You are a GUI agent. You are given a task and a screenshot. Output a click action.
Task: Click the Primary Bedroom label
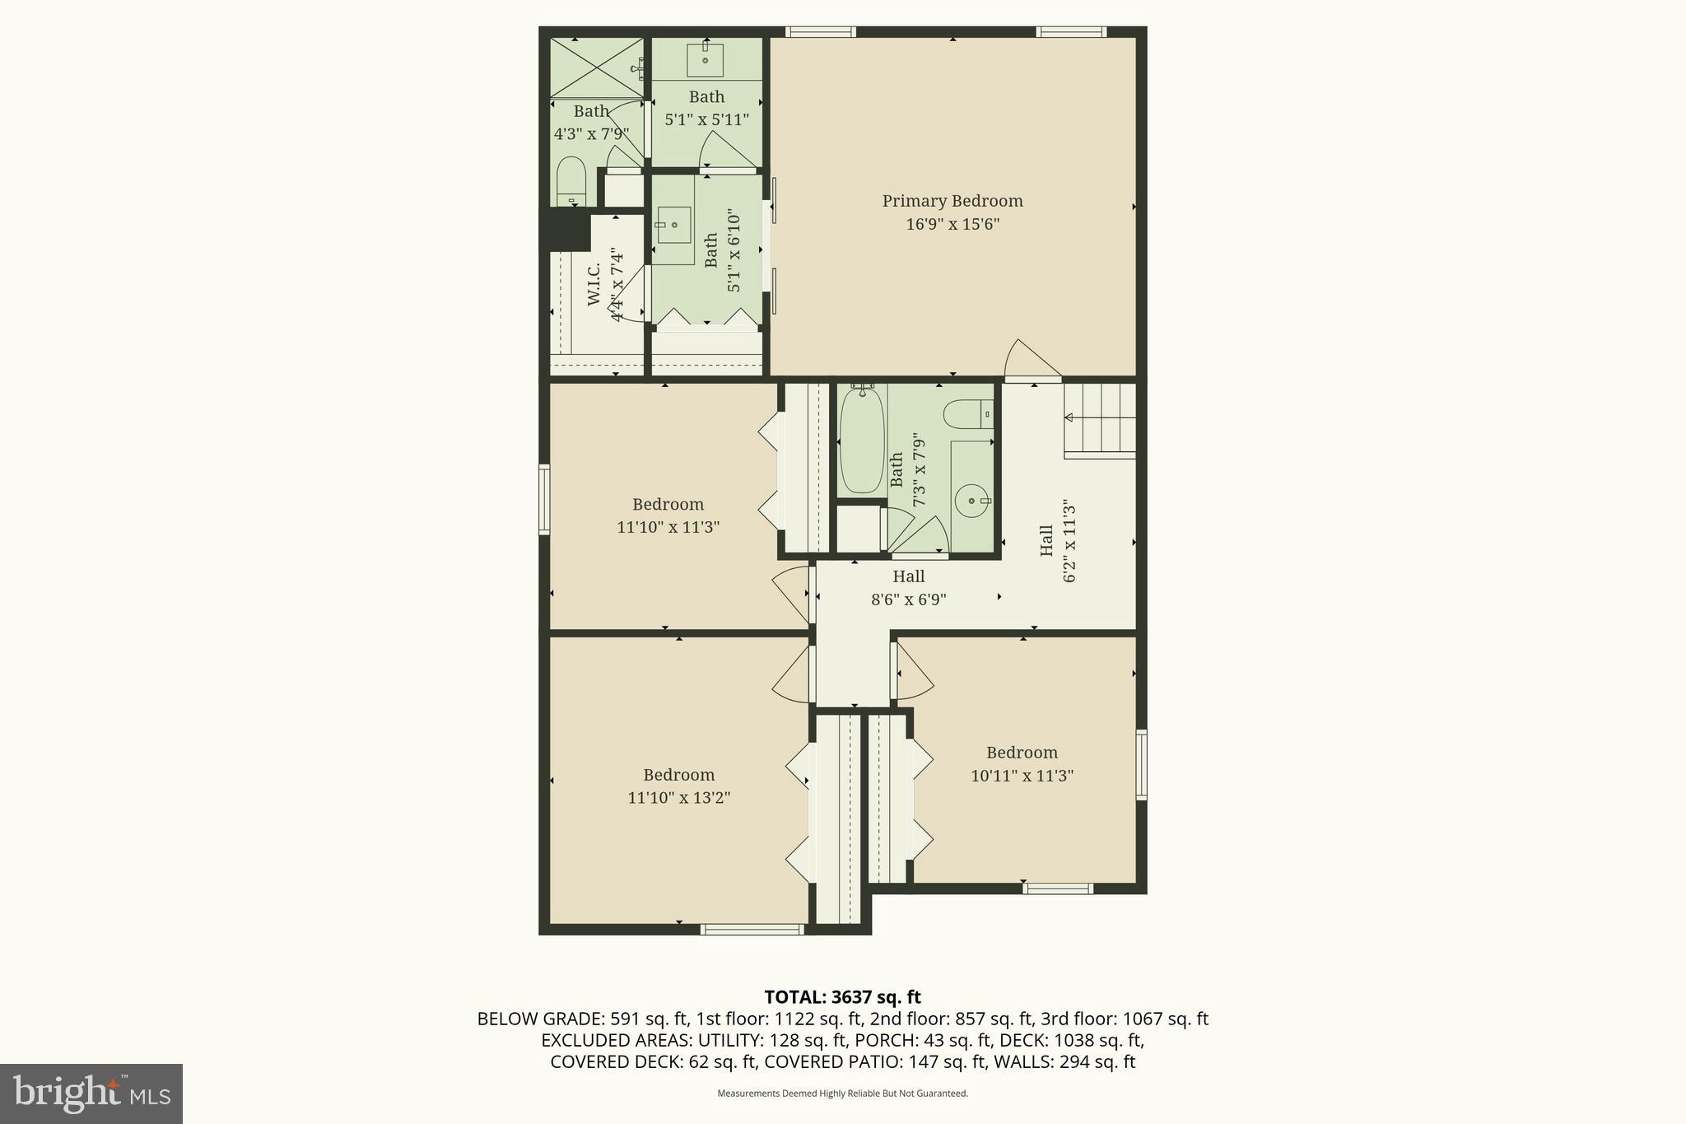[x=952, y=201]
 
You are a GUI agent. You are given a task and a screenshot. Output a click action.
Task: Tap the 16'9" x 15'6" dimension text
[x=952, y=224]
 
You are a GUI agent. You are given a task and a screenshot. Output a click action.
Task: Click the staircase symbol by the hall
[x=1101, y=421]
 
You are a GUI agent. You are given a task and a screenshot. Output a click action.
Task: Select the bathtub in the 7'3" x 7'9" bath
[x=861, y=441]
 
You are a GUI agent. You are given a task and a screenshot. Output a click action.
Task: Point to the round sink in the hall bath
[x=972, y=500]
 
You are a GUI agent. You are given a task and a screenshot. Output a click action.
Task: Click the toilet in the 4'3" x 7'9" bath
[x=571, y=182]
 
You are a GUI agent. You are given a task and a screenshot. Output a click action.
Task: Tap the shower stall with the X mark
[x=596, y=68]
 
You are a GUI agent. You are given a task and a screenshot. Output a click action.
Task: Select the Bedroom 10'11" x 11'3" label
[x=1022, y=753]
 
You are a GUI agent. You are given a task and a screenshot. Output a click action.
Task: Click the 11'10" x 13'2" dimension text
[x=678, y=798]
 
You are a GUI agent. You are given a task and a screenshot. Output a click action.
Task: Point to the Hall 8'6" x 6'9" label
[x=908, y=577]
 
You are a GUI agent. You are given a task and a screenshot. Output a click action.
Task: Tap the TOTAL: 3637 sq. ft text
[x=842, y=997]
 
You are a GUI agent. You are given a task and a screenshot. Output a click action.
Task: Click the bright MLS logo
[x=91, y=1094]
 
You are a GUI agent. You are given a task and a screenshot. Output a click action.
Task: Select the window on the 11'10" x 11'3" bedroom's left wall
[x=544, y=500]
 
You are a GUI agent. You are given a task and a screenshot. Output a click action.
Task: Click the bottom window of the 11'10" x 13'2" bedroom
[x=752, y=930]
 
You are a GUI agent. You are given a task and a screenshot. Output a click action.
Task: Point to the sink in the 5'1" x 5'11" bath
[x=706, y=59]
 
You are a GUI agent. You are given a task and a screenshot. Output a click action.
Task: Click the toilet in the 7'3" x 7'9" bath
[x=967, y=414]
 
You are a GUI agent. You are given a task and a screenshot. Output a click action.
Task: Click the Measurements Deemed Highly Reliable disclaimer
[x=842, y=1094]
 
